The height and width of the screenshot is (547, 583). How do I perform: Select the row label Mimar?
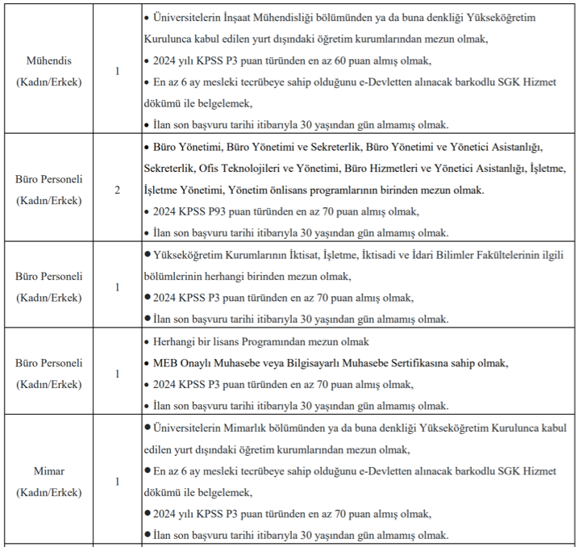click(x=49, y=470)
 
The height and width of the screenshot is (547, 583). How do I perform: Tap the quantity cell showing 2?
click(x=118, y=190)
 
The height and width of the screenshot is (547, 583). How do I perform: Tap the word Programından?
click(x=285, y=341)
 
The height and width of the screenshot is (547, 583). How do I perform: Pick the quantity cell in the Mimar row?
click(x=118, y=482)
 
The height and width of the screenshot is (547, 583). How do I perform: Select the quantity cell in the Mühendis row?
click(x=118, y=71)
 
